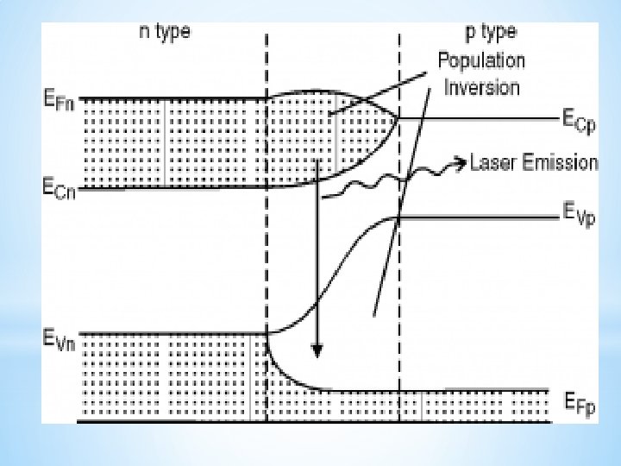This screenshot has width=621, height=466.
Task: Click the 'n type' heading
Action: (165, 33)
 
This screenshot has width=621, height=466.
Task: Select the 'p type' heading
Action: (490, 33)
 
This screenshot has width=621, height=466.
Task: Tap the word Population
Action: (480, 60)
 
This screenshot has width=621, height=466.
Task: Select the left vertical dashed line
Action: (267, 259)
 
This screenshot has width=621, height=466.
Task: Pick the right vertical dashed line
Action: (399, 285)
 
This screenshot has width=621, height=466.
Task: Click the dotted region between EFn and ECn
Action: (172, 142)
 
